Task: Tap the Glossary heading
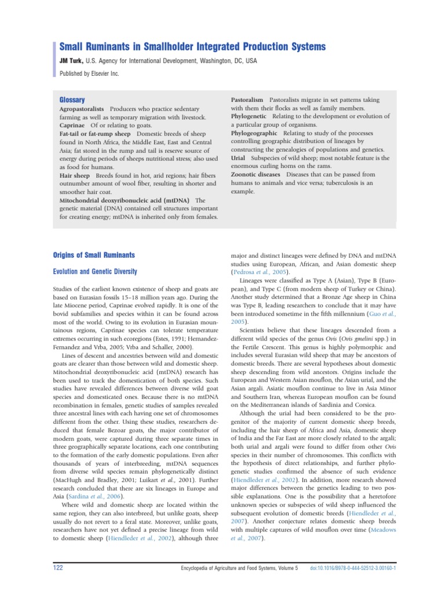click(72, 100)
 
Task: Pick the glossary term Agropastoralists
click(82, 109)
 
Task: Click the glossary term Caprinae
click(72, 125)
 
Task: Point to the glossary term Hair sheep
click(75, 175)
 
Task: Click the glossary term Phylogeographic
click(254, 133)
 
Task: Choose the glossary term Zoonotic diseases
click(256, 174)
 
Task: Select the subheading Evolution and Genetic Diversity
click(95, 271)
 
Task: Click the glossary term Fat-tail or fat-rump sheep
click(97, 133)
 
